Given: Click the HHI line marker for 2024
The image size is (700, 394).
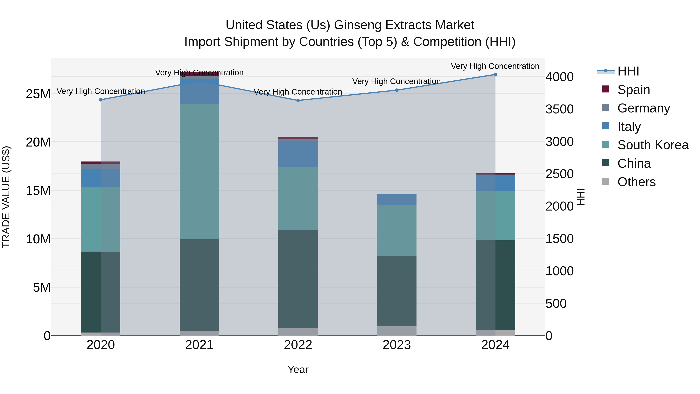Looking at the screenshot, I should [x=495, y=75].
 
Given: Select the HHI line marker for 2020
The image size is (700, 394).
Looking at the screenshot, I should [x=101, y=100].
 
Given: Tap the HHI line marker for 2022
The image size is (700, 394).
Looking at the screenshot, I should [x=298, y=100].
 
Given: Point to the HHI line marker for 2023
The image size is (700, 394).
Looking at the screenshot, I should [x=396, y=90].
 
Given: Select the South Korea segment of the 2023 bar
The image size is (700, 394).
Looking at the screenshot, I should [x=396, y=231].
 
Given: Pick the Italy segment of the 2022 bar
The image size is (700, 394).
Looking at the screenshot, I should [x=298, y=154].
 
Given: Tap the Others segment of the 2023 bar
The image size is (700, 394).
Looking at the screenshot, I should [x=396, y=331].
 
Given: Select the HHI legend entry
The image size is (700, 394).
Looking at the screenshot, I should [x=628, y=71].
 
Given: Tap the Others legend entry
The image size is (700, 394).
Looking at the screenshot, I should [x=636, y=182].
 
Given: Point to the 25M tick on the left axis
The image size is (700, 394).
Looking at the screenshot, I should [x=38, y=94].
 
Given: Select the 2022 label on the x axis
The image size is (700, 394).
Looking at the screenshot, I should [x=298, y=345].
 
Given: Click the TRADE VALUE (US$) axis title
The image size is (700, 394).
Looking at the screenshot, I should [x=6, y=197].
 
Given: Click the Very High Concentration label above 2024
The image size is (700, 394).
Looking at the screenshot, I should [x=495, y=66].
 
